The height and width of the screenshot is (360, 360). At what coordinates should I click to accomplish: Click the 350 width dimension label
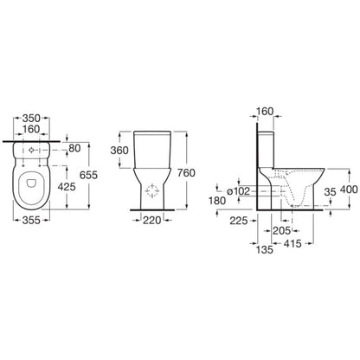(x=32, y=119)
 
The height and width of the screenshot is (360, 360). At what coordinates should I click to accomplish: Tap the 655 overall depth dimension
(x=88, y=175)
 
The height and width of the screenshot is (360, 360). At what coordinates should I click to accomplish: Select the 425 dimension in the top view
(x=67, y=187)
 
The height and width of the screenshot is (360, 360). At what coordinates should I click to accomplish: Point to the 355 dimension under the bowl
(x=31, y=220)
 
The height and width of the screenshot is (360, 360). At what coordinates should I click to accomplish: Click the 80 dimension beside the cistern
(x=74, y=148)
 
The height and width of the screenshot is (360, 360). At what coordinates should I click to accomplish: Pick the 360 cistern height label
(x=119, y=151)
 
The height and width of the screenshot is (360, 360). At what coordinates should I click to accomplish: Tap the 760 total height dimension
(x=186, y=173)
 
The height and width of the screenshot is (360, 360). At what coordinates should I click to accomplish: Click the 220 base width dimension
(x=152, y=221)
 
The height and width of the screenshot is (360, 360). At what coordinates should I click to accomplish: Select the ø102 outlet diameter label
(x=238, y=191)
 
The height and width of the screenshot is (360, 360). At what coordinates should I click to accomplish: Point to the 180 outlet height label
(x=217, y=201)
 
